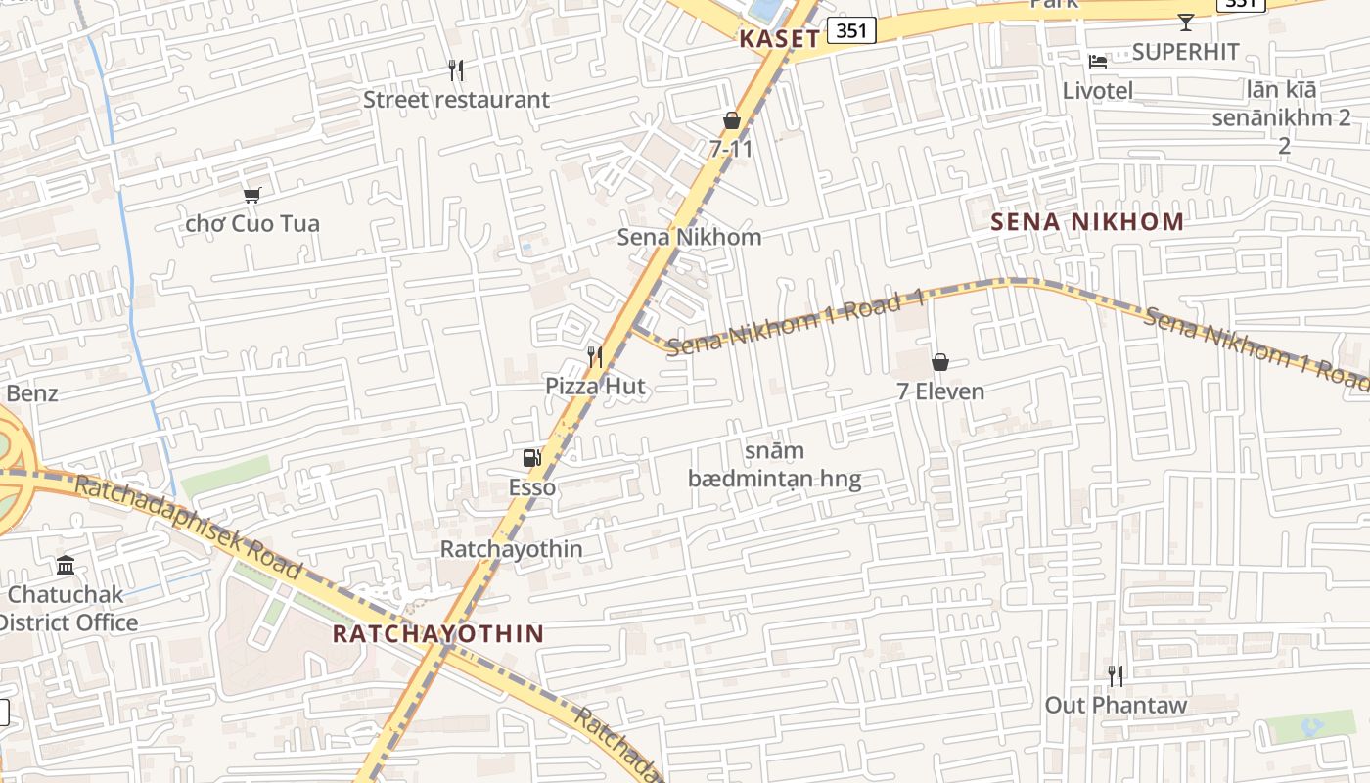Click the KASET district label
coord(779,39)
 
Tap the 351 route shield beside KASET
coord(851,30)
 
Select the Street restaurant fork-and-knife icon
coord(455,69)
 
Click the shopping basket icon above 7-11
coord(731,120)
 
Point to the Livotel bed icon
coord(1098,62)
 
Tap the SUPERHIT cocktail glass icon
coord(1186,22)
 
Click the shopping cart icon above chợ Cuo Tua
coord(252,195)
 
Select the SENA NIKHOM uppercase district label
coord(1087,221)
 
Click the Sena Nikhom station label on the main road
coord(689,237)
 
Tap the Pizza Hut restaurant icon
coord(595,356)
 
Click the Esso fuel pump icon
coord(531,457)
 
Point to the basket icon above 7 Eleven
coord(940,362)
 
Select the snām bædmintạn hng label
coord(774,465)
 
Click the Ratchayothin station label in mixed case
coord(511,549)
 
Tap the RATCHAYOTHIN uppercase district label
coord(437,633)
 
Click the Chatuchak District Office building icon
coord(66,565)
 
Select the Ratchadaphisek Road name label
coord(188,526)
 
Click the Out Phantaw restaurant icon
coord(1115,674)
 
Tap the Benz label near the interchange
coord(32,393)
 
